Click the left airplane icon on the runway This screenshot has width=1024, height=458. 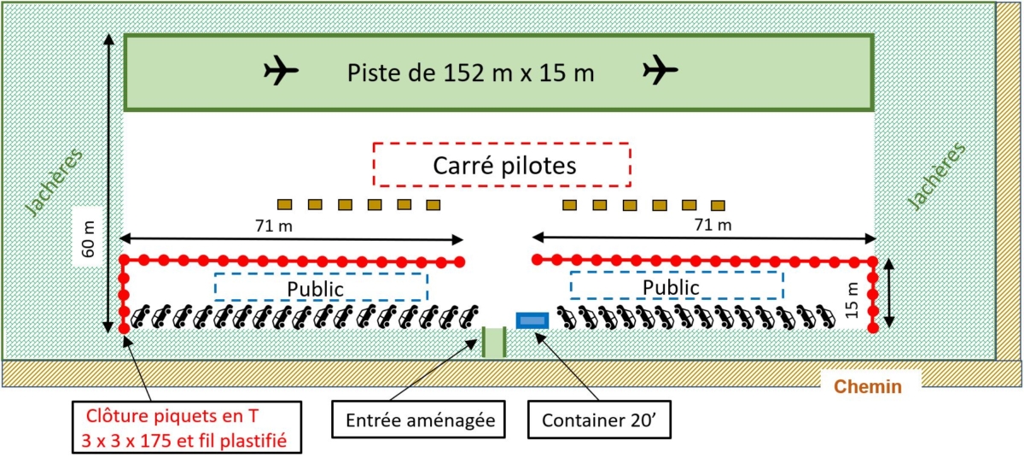coord(281,71)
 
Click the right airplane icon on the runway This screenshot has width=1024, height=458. coord(660,71)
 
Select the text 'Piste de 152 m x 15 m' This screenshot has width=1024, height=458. coord(470,73)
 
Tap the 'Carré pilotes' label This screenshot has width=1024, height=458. coord(502,165)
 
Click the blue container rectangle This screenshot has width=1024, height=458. coord(532,320)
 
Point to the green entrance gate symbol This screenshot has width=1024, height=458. coord(495,342)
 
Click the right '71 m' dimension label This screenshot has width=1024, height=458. coord(713,225)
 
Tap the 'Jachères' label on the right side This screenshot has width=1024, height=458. coord(937,176)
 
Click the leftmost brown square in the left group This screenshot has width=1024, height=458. coord(285,204)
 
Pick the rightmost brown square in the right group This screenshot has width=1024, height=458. coord(719,205)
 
